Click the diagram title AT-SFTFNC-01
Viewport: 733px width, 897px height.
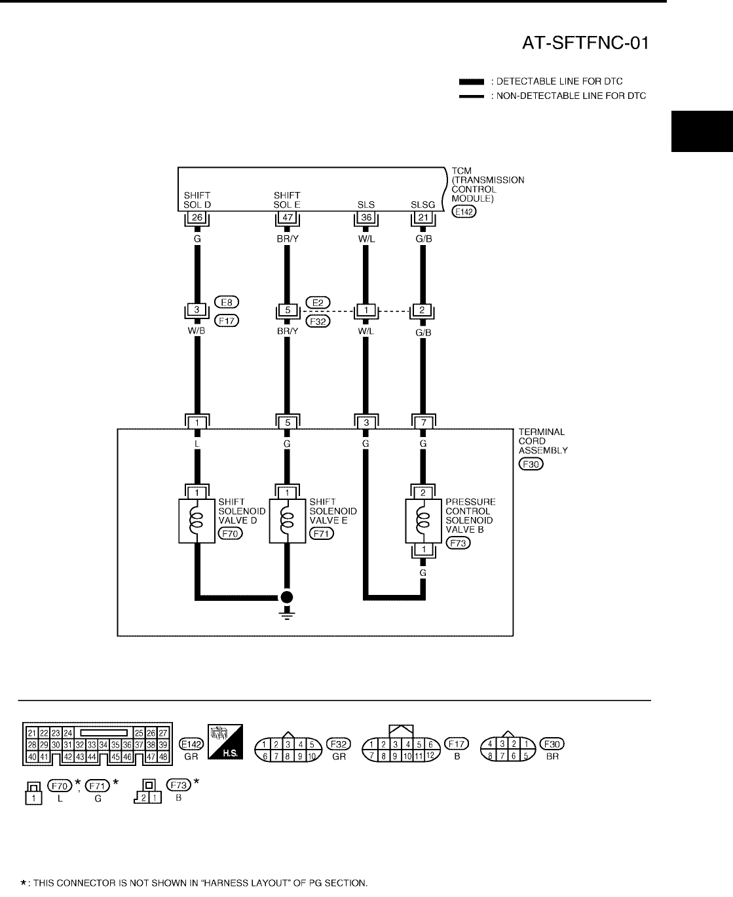click(x=586, y=43)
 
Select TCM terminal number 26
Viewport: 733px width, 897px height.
click(x=197, y=217)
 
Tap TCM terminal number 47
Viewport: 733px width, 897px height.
click(x=287, y=217)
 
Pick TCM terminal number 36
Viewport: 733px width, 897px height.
click(x=366, y=217)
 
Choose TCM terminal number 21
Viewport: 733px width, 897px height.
click(x=423, y=217)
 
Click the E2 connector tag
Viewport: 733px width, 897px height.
click(x=317, y=302)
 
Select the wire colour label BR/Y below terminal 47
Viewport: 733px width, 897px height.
click(x=287, y=239)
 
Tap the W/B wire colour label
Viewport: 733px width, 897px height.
click(x=197, y=332)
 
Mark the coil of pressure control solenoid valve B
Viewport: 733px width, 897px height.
click(x=423, y=520)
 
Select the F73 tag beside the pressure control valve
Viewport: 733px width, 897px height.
click(x=458, y=543)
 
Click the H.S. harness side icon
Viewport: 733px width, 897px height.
click(x=225, y=742)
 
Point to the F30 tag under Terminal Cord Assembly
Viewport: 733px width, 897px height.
click(x=531, y=464)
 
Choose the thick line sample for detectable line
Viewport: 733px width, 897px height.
click(x=471, y=82)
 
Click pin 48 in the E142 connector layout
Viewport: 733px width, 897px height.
click(x=163, y=757)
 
